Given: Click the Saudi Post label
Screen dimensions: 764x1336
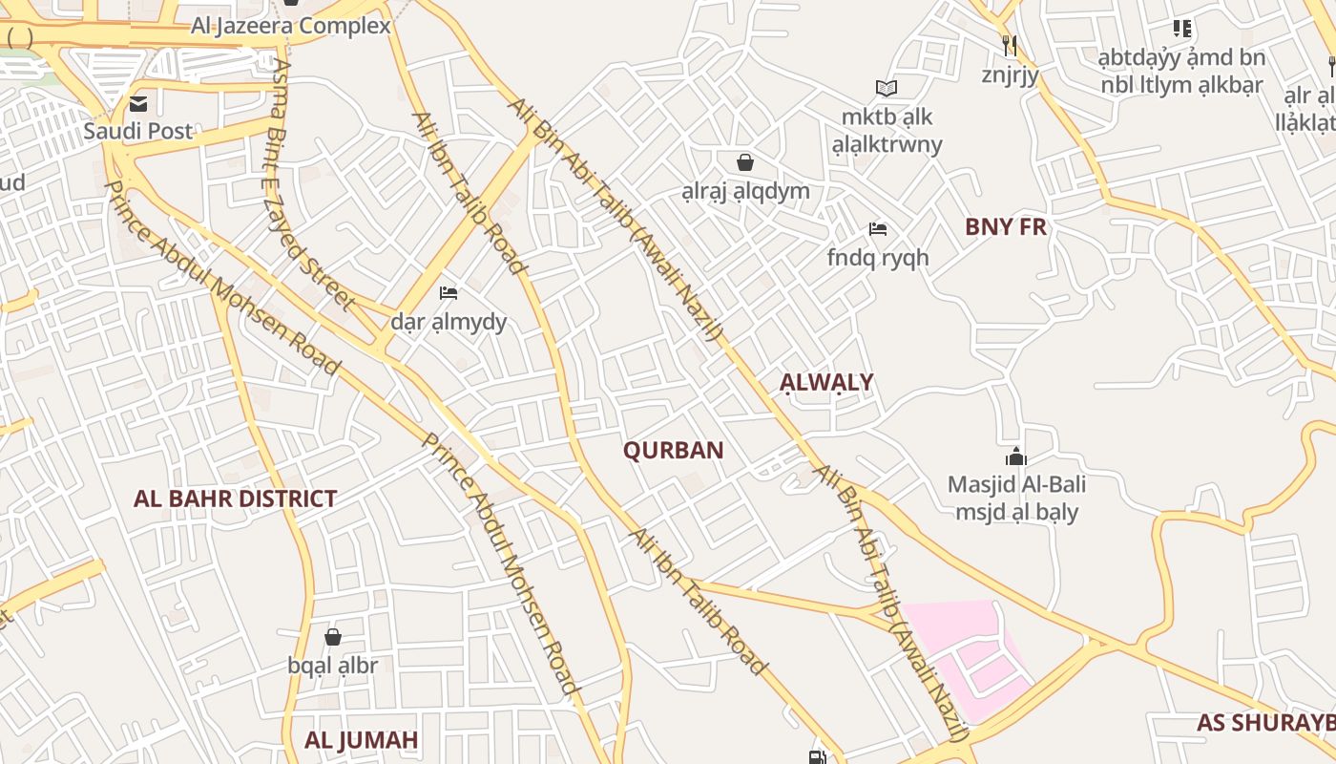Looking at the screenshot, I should pyautogui.click(x=137, y=131).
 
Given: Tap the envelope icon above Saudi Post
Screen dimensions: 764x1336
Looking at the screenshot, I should pyautogui.click(x=139, y=103).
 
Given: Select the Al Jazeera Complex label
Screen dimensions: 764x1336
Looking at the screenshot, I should pyautogui.click(x=291, y=26).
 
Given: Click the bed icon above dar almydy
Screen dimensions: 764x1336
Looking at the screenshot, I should pyautogui.click(x=449, y=292).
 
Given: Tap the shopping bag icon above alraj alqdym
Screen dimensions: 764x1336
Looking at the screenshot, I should pyautogui.click(x=745, y=162).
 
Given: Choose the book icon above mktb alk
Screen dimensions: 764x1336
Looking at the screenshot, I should pyautogui.click(x=887, y=89).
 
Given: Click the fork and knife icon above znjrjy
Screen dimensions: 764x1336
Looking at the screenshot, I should pyautogui.click(x=1010, y=45).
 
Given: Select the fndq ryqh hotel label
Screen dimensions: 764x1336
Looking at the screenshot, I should pyautogui.click(x=877, y=258).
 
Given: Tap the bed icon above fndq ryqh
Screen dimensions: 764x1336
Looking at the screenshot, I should pyautogui.click(x=878, y=229).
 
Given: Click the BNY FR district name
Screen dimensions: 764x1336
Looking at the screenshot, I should pyautogui.click(x=1005, y=227).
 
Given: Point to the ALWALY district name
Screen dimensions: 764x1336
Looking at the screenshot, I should pyautogui.click(x=826, y=383).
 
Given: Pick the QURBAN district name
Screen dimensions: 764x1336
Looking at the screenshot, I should pyautogui.click(x=673, y=451).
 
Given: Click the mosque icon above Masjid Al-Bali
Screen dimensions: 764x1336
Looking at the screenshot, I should pyautogui.click(x=1016, y=456).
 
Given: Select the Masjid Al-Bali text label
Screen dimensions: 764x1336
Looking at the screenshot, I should pyautogui.click(x=1016, y=484).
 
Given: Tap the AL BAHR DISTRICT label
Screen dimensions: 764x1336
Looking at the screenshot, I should pyautogui.click(x=235, y=499).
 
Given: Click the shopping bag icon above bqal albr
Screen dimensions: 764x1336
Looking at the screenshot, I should pyautogui.click(x=333, y=636).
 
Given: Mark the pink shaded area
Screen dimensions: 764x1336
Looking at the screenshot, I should pyautogui.click(x=964, y=649).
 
